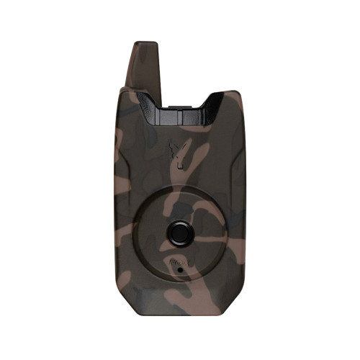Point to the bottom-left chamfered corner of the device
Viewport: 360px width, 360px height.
(x=122, y=305)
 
